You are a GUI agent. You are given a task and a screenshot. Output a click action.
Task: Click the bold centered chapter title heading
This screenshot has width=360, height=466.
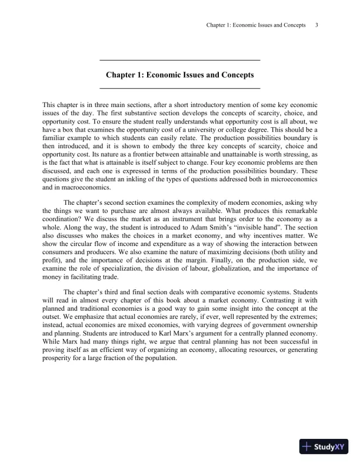pos(179,75)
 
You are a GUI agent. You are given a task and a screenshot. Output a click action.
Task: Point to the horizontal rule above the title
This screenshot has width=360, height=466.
pos(180,61)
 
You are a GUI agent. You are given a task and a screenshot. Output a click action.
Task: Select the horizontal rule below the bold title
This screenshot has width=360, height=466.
pos(180,89)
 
